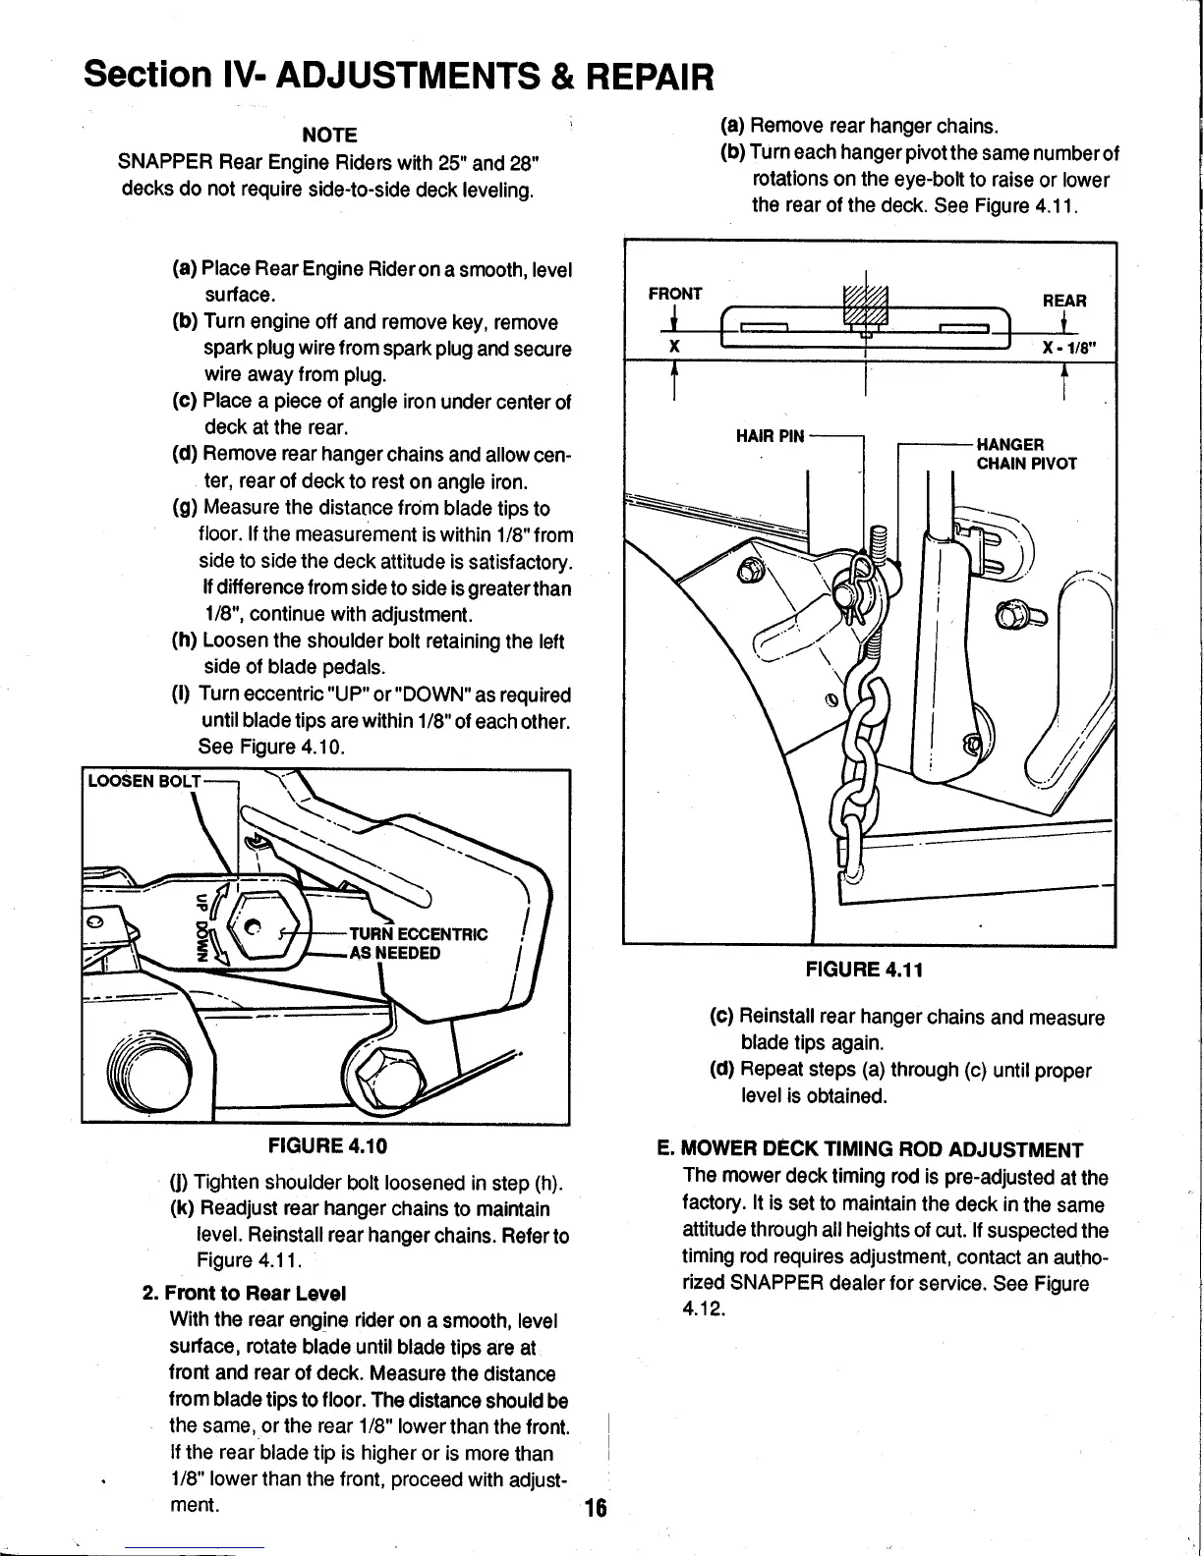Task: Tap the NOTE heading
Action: coord(328,135)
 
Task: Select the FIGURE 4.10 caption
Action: coord(328,1145)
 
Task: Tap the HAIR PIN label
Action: coord(770,436)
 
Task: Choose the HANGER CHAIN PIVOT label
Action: coord(1025,454)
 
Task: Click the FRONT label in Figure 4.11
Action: coord(675,294)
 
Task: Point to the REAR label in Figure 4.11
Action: coord(1064,301)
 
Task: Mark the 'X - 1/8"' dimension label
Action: coord(1070,347)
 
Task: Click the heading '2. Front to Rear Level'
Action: coord(245,1293)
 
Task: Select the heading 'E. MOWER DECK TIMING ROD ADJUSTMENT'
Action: coord(869,1150)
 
